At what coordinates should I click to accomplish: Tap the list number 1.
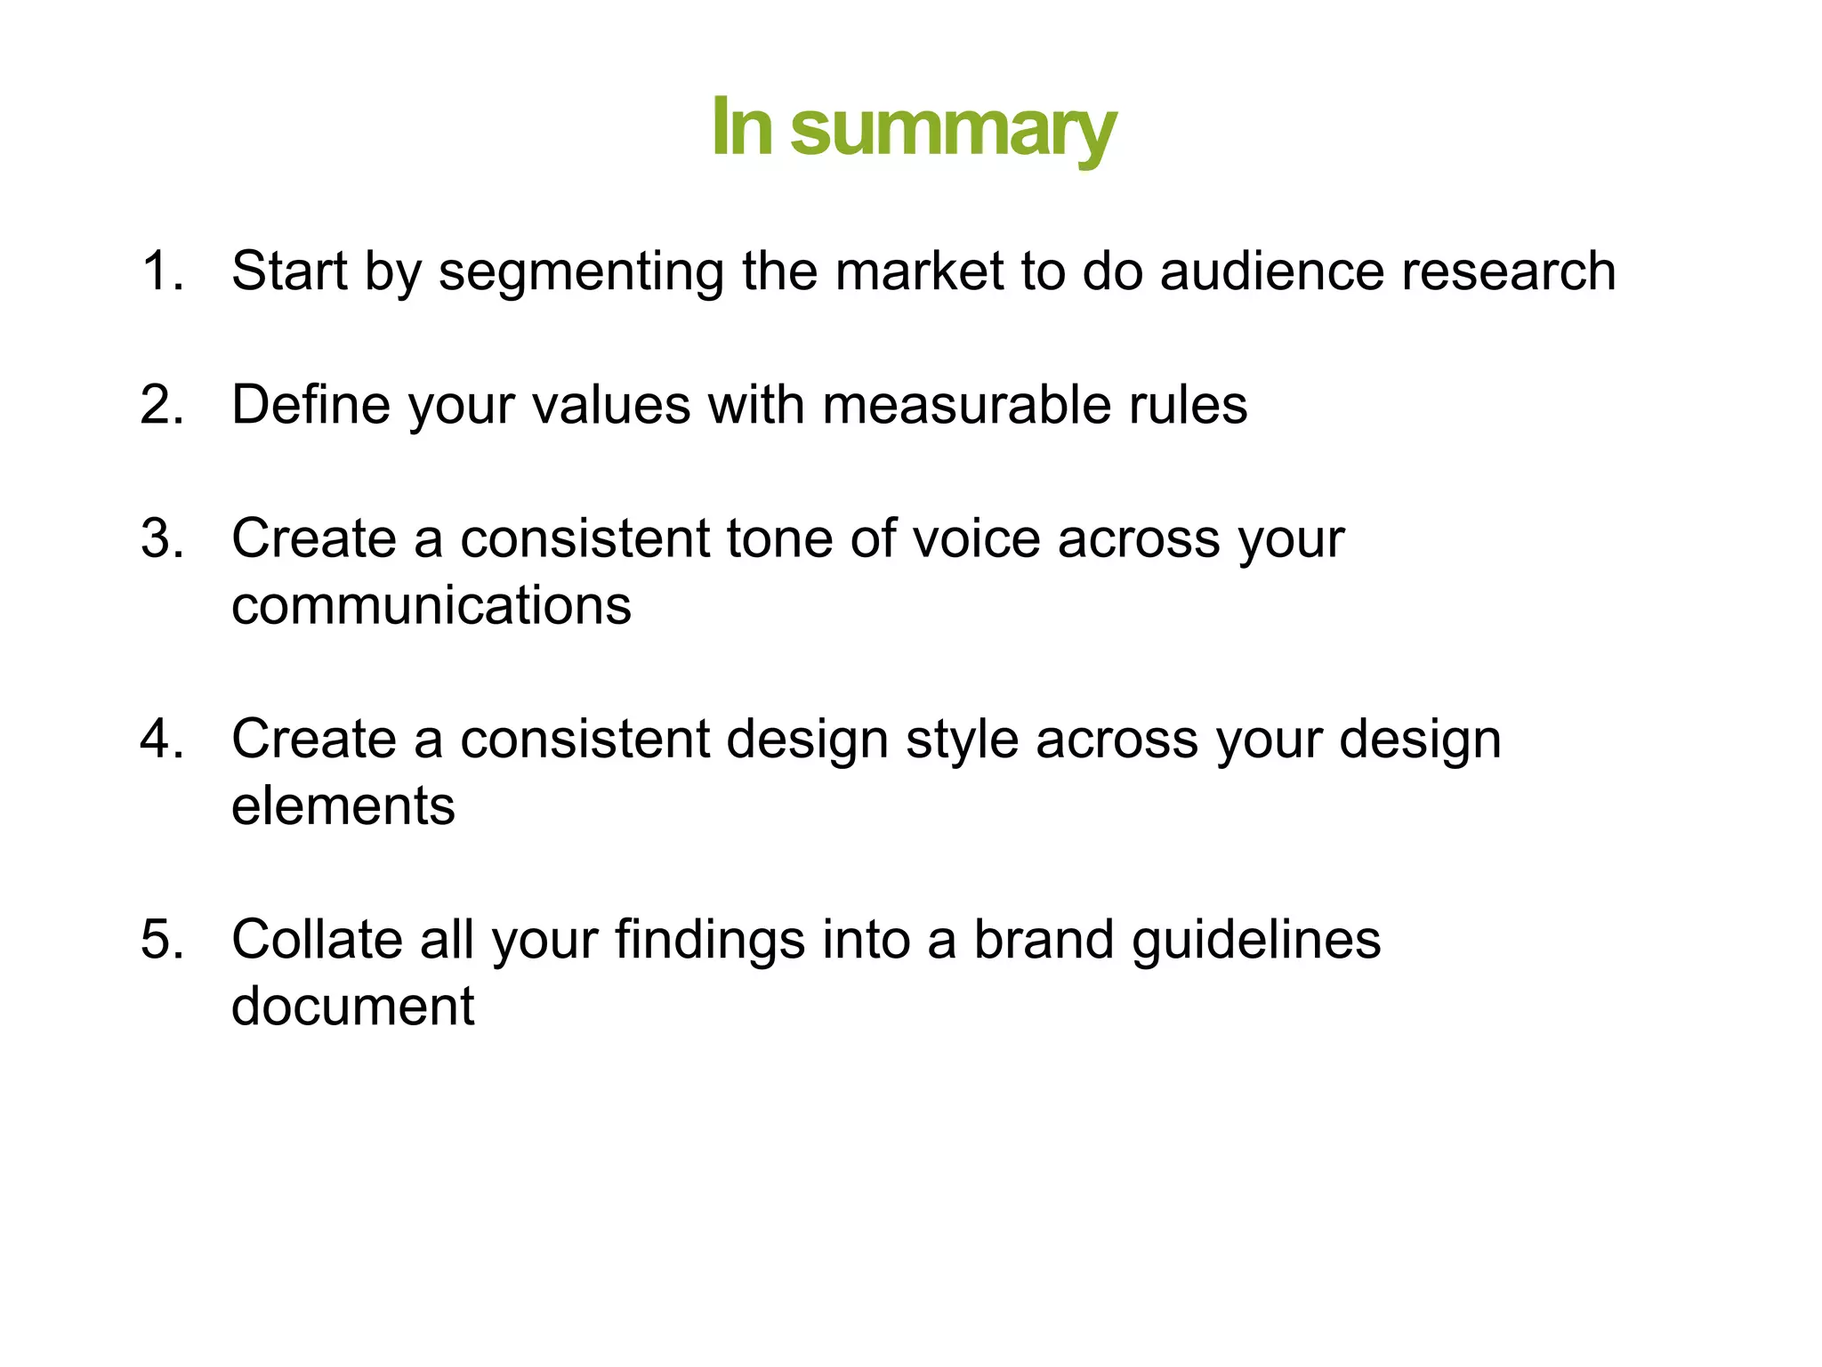pos(160,271)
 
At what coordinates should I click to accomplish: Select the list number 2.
pos(160,405)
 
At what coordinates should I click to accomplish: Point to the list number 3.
pos(160,538)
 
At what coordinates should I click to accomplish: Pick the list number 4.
pos(160,739)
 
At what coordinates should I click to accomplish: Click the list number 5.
pos(160,939)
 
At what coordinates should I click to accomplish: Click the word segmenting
pos(581,272)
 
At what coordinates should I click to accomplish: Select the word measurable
pos(967,405)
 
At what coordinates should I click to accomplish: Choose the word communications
pos(431,606)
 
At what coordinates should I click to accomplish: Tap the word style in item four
pos(961,740)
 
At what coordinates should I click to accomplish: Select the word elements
pos(343,806)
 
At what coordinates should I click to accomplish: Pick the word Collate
pos(317,939)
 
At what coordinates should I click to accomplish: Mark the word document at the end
pos(352,1007)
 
